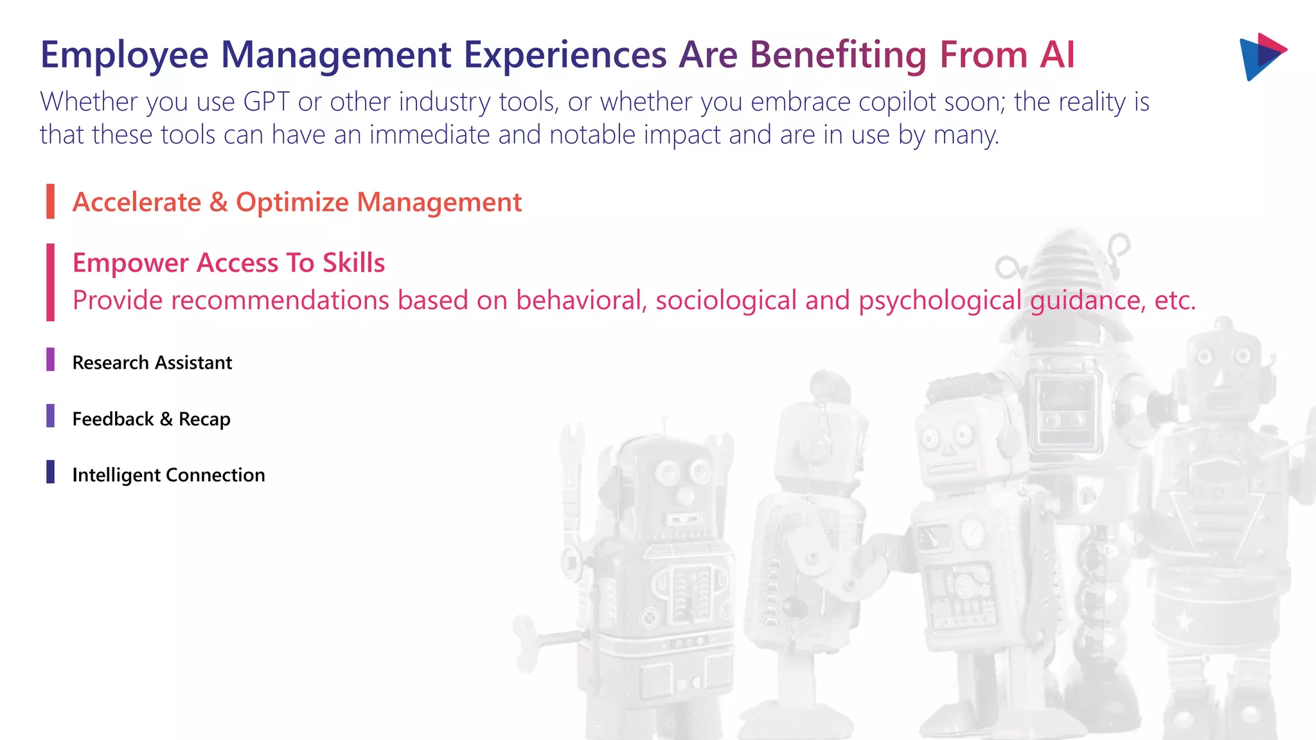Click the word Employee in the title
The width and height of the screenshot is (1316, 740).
click(124, 55)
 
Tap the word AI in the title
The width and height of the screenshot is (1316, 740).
click(1057, 55)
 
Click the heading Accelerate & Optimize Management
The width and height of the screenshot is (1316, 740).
click(297, 202)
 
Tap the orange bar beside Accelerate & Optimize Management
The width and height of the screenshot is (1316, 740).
click(50, 201)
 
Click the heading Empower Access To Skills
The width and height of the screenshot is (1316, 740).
click(228, 263)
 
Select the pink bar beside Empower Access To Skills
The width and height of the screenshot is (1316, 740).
click(50, 282)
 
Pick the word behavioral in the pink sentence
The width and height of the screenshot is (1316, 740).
click(581, 301)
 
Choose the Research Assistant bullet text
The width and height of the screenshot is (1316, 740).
click(152, 363)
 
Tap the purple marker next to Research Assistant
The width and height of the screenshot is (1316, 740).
click(50, 360)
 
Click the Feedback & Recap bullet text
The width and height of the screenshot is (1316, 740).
click(151, 419)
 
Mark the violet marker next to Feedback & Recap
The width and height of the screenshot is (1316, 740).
click(50, 416)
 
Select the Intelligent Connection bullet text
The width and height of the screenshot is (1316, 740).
click(168, 475)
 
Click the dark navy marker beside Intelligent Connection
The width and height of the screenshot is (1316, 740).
click(50, 471)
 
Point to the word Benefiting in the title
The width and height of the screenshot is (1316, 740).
click(838, 55)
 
